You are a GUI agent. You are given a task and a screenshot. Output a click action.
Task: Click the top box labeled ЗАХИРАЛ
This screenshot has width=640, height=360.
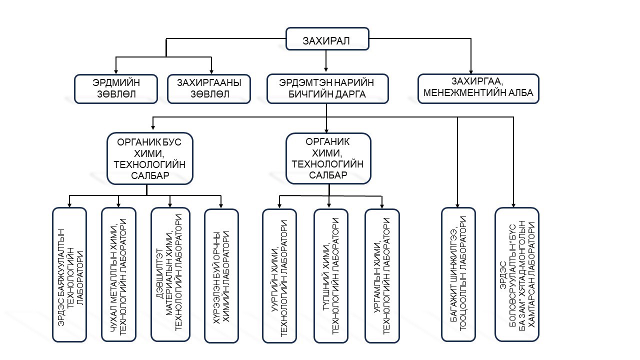click(327, 39)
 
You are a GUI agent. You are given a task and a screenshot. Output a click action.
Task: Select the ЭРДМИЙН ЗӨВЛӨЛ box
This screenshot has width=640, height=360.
click(116, 89)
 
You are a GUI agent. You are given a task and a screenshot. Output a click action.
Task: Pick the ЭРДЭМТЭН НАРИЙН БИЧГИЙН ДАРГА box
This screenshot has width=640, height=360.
click(327, 89)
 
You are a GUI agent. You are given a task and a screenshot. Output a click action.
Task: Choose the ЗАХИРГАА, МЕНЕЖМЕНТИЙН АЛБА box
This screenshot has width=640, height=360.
click(478, 89)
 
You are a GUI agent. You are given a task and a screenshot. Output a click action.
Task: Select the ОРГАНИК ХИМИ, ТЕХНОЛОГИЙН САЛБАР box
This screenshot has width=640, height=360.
click(328, 158)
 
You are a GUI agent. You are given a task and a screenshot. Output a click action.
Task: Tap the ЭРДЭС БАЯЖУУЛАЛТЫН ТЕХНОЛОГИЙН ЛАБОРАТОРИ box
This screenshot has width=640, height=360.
click(69, 275)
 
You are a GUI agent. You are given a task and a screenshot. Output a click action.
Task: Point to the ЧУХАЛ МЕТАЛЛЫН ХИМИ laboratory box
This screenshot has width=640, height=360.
click(118, 275)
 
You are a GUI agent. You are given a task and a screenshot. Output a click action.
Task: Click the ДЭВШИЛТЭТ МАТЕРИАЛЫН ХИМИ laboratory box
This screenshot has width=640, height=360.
click(170, 275)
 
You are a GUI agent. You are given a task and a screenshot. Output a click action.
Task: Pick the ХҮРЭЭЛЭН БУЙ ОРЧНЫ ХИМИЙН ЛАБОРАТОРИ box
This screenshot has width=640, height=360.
click(221, 275)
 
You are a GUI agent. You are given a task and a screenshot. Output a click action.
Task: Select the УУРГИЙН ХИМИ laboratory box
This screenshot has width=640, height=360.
click(279, 275)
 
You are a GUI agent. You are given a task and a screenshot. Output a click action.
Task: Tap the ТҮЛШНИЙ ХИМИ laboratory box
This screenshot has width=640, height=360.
click(330, 275)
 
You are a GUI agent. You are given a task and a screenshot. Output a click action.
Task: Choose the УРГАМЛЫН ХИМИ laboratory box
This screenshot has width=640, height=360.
click(382, 275)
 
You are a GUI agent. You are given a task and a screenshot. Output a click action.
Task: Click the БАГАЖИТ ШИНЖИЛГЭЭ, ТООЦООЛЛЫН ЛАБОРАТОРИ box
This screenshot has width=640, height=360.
click(457, 275)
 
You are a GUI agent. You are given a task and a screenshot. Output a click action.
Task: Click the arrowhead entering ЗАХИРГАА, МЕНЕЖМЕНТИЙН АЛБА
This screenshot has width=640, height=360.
click(470, 71)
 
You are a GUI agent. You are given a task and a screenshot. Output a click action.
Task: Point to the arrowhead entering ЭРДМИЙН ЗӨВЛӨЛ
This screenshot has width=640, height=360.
click(116, 71)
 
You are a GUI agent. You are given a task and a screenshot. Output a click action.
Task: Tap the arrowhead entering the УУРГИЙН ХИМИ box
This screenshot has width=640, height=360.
click(279, 205)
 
